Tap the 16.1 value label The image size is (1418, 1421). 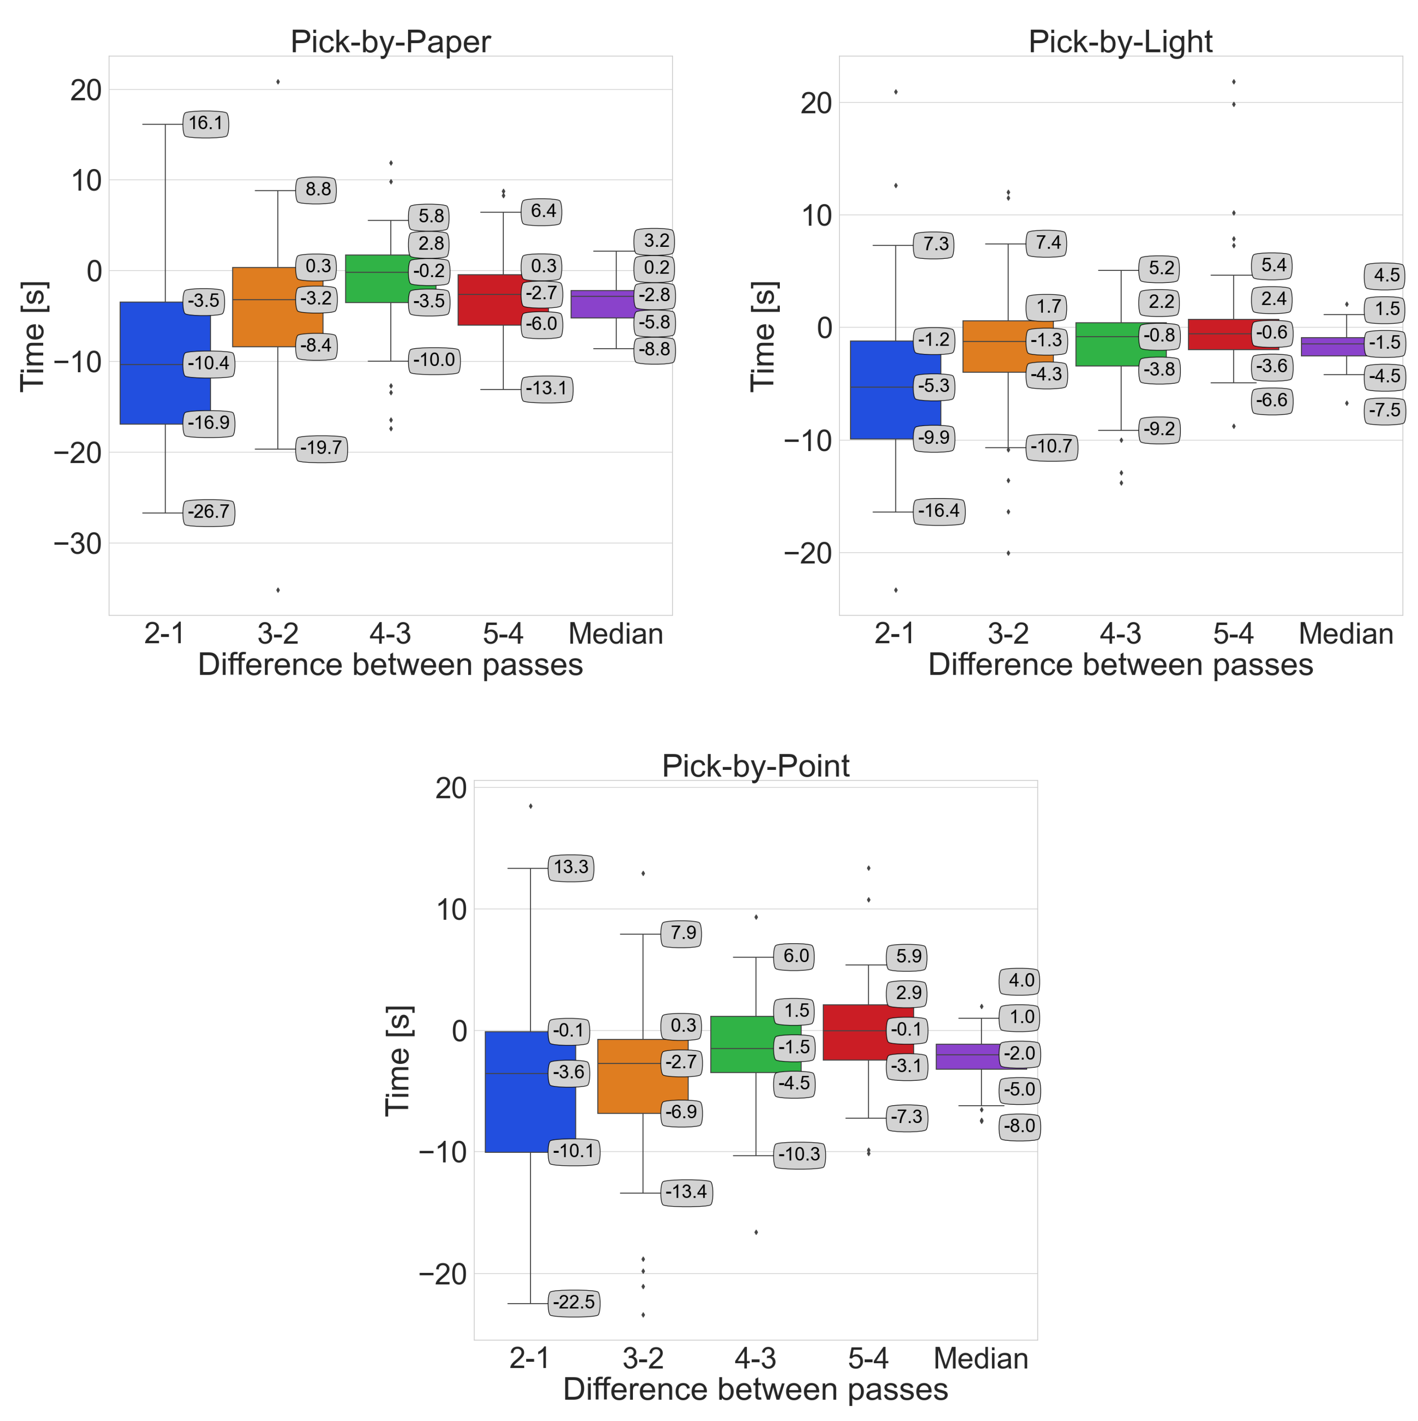point(205,124)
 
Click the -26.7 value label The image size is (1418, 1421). point(209,512)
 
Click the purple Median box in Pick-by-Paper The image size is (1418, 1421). point(600,304)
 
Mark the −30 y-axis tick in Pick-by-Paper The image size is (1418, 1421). point(77,543)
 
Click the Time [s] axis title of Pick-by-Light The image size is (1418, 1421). point(763,336)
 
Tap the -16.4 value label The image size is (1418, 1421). point(939,511)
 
